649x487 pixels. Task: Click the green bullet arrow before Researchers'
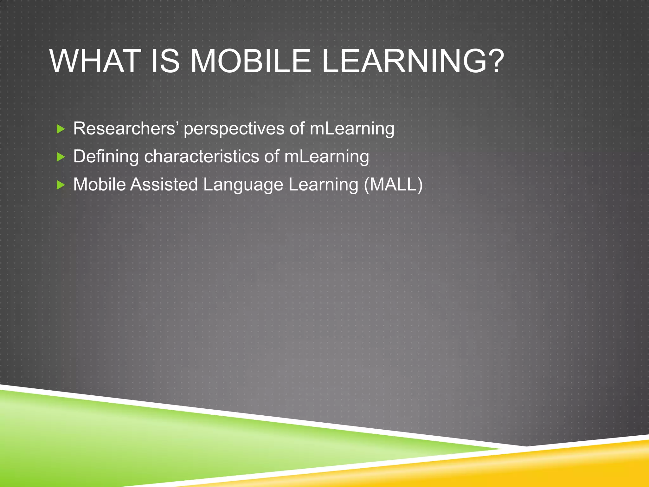(x=61, y=129)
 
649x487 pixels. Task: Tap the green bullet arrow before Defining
(x=61, y=157)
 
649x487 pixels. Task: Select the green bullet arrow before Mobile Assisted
(x=61, y=185)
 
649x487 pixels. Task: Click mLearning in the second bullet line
(x=326, y=157)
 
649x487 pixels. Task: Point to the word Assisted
(x=164, y=184)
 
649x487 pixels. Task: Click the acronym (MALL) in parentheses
(x=393, y=185)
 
